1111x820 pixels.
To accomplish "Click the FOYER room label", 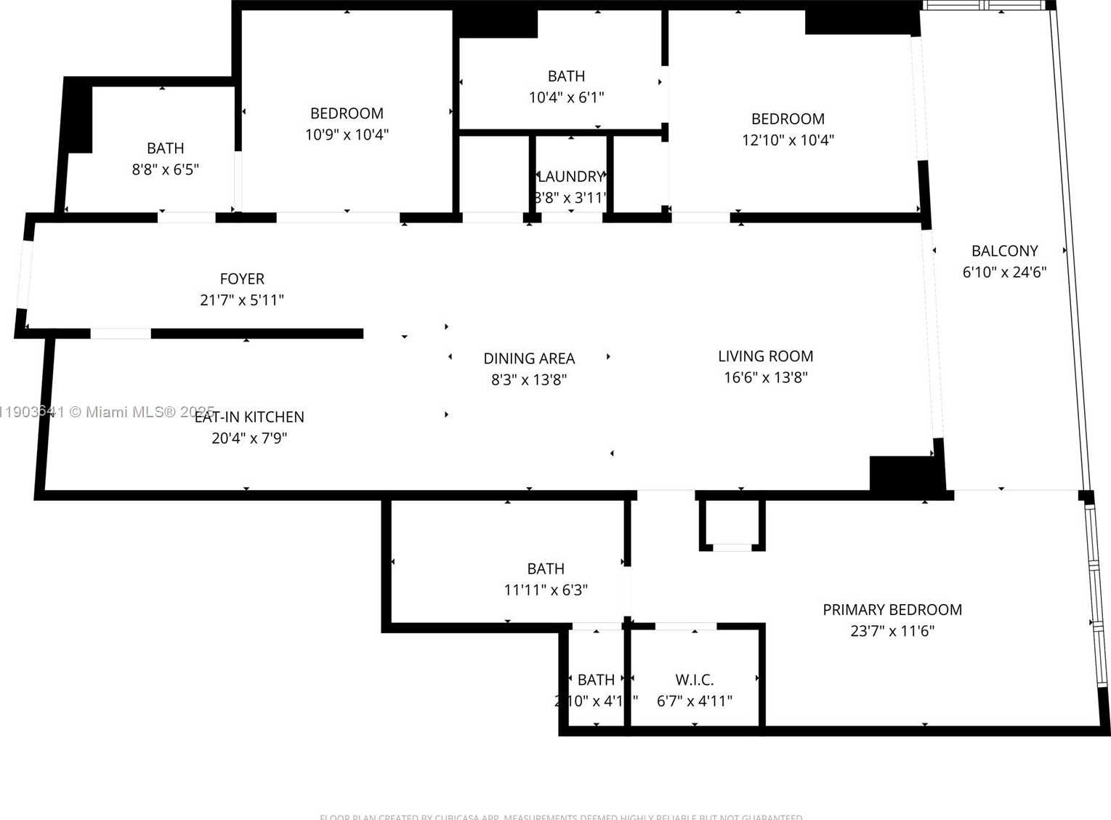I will (242, 279).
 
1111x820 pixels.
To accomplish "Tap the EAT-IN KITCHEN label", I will (249, 417).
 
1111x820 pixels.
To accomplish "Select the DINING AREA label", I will (529, 358).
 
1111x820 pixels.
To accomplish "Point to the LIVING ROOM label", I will (765, 356).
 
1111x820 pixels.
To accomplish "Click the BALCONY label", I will (1004, 252).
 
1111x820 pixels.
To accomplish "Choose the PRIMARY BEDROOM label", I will (892, 610).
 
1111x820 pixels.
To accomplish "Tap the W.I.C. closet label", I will (694, 680).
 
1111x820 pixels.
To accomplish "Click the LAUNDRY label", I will (570, 177).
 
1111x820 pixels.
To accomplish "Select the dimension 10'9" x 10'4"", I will (347, 134).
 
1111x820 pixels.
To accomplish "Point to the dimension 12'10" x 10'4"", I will (788, 140).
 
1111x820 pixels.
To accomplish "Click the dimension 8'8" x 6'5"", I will (165, 169).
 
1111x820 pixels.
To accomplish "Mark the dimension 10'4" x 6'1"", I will (566, 97).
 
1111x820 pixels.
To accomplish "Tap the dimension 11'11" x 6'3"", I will (546, 590).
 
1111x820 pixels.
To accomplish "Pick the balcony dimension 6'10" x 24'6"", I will (1004, 273).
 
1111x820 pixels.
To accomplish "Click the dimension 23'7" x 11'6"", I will (892, 631).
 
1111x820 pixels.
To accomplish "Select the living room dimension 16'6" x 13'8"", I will (765, 377).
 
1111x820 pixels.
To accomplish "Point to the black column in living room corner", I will (901, 473).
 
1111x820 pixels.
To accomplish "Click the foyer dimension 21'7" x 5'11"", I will (242, 300).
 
